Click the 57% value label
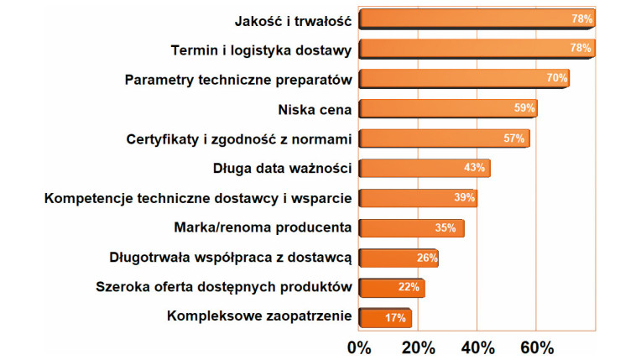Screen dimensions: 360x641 pyautogui.click(x=515, y=138)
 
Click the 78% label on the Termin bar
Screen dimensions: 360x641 pyautogui.click(x=581, y=49)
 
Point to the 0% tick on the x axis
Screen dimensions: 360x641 pyautogui.click(x=359, y=346)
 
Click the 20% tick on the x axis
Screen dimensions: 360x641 pyautogui.click(x=418, y=346)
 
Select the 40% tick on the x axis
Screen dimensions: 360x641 pyautogui.click(x=477, y=346)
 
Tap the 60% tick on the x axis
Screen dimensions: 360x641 pyautogui.click(x=536, y=346)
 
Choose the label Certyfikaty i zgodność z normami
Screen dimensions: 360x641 pyautogui.click(x=239, y=138)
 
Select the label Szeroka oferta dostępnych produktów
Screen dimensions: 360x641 pyautogui.click(x=223, y=288)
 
